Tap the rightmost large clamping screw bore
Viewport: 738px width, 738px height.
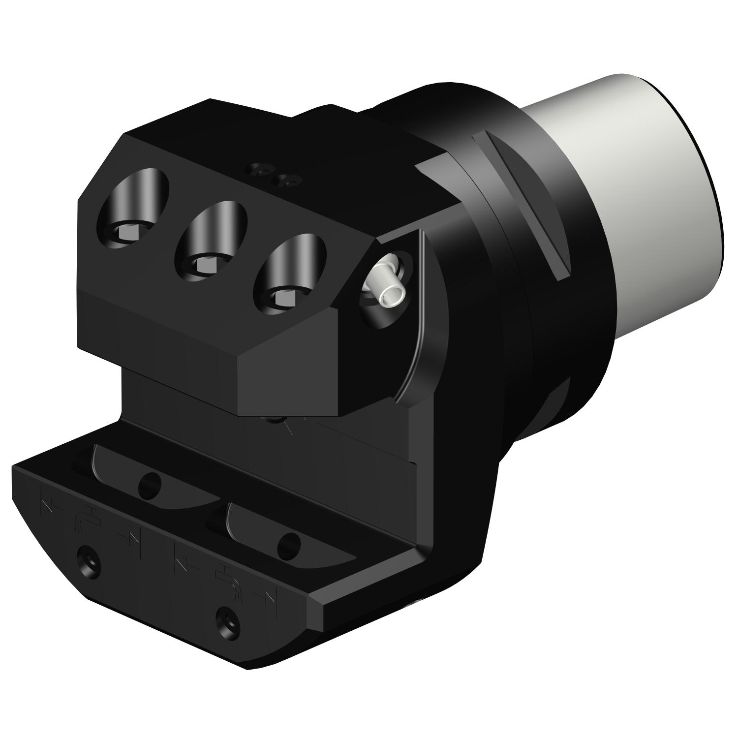(x=291, y=272)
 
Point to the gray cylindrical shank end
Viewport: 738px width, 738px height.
(x=640, y=197)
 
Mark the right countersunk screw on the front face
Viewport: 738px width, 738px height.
(x=229, y=620)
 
